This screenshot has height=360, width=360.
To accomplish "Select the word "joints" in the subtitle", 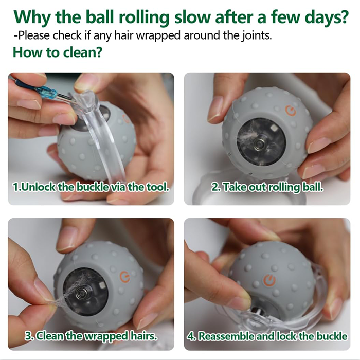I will pos(254,37).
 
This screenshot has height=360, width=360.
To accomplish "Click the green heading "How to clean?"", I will pos(58,52).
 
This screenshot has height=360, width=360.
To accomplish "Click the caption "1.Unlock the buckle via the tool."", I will pos(92,186).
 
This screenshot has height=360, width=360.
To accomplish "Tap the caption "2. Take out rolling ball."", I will pos(267,186).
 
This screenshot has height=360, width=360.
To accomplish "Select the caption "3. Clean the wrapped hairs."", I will pos(92,336).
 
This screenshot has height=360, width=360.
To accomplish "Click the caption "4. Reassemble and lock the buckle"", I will pos(267,336).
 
